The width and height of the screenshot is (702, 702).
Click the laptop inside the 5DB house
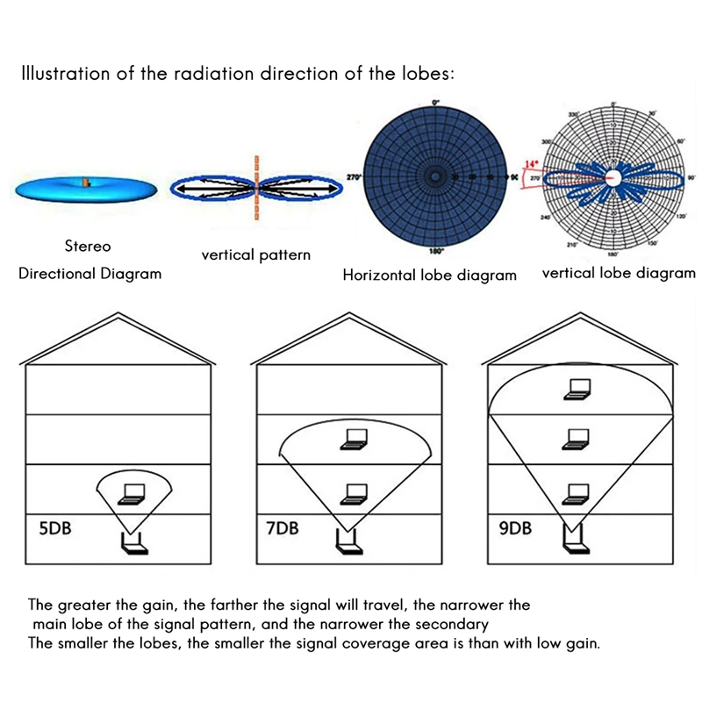[x=134, y=494]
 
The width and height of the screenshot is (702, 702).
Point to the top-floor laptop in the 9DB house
[x=577, y=389]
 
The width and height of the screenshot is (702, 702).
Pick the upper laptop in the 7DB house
[x=355, y=441]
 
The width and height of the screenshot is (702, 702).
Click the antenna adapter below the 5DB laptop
[x=134, y=545]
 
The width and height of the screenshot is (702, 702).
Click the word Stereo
[x=88, y=247]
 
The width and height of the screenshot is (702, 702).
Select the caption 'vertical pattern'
[x=255, y=255]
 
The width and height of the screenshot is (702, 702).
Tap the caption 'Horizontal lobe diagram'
[x=429, y=276]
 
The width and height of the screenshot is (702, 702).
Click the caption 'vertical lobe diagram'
[x=618, y=273]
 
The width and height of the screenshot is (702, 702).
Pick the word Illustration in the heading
[x=66, y=73]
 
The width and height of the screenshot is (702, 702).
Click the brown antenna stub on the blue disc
[x=86, y=183]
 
